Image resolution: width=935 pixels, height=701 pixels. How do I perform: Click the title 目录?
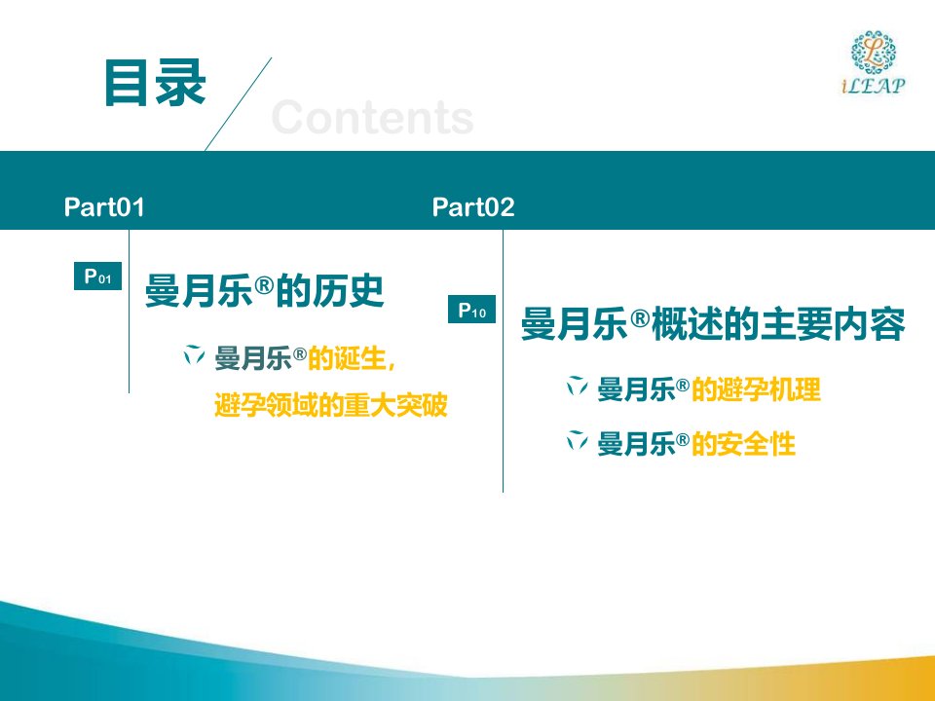coord(155,83)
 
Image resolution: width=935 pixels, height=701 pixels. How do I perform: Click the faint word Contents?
coord(373,118)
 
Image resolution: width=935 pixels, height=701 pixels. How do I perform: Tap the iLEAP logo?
coord(874,62)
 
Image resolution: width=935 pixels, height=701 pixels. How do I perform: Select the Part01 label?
coord(104,206)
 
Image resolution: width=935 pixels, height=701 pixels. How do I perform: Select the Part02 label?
coord(473,206)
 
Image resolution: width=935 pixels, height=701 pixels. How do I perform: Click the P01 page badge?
coord(97,276)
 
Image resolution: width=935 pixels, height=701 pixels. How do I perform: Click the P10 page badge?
coord(471,310)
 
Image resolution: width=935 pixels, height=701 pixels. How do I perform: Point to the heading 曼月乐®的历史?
coord(264,291)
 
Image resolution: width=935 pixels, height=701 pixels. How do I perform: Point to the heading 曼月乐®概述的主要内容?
coord(713,323)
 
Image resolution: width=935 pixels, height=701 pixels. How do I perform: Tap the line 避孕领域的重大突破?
coord(331,405)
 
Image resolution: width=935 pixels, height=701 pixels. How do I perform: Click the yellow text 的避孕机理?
coord(756,389)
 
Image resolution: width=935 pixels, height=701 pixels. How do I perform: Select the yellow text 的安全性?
coord(743,444)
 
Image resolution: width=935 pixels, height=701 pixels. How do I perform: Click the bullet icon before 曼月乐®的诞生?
coord(194,354)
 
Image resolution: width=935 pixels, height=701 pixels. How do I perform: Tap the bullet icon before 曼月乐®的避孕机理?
coord(577,387)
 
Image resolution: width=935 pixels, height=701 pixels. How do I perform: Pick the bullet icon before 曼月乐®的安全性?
coord(577,440)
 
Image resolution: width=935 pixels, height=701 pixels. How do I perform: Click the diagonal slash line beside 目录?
coord(239,104)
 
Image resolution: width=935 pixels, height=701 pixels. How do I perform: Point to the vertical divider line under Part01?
coord(129,312)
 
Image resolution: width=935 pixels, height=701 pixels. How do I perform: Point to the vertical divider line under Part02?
coord(503,360)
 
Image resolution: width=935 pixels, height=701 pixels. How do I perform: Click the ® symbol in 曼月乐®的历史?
coord(264,285)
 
